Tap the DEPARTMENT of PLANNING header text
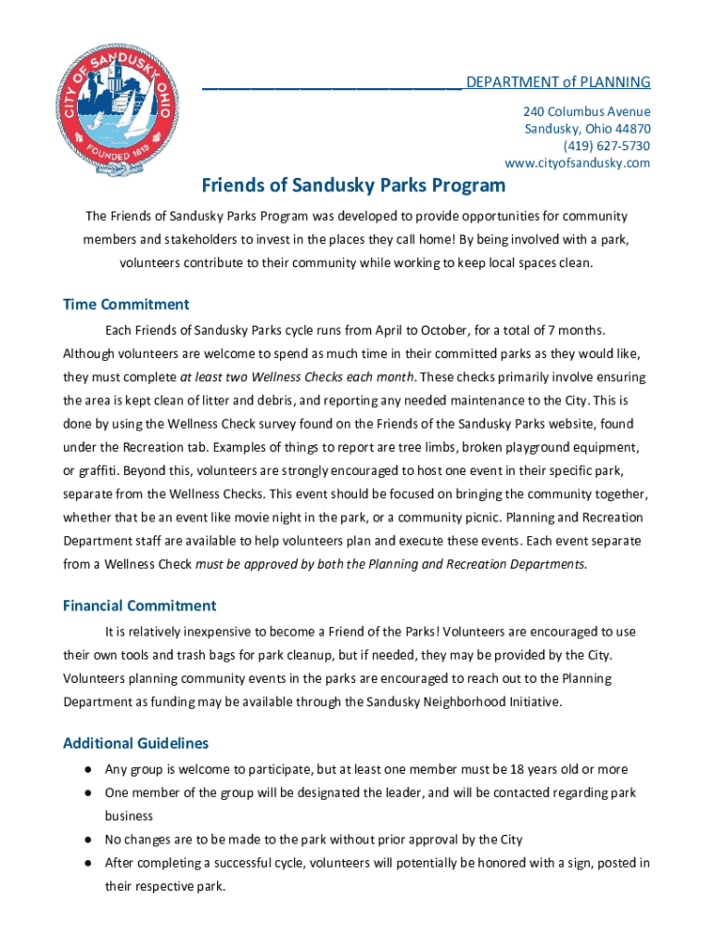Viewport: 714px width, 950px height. coord(558,83)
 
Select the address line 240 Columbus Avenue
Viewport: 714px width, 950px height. coord(586,111)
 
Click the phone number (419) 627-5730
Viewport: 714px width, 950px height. coord(606,146)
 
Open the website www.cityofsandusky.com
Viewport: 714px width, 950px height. coord(577,163)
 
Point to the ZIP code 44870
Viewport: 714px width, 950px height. coord(630,129)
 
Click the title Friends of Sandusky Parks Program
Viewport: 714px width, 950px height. coord(354,186)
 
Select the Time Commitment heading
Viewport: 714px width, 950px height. coord(126,304)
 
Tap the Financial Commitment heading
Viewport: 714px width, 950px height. coord(139,606)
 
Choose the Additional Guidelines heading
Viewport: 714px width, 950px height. coord(135,743)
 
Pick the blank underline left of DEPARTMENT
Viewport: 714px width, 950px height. coord(332,85)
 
